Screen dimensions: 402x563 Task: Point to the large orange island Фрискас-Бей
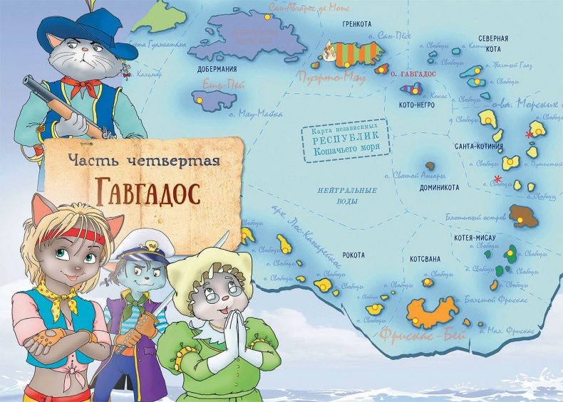click(x=432, y=310)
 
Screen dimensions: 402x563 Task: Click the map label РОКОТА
click(x=353, y=255)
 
